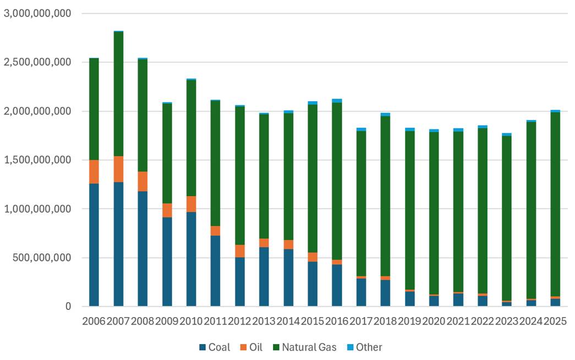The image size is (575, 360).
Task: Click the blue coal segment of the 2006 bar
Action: pyautogui.click(x=94, y=245)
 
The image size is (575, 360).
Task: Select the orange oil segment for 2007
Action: pyautogui.click(x=118, y=169)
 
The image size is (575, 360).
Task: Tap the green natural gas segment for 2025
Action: pyautogui.click(x=555, y=204)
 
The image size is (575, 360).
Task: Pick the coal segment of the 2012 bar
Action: pyautogui.click(x=240, y=282)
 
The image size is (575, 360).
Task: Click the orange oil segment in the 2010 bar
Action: pyautogui.click(x=191, y=204)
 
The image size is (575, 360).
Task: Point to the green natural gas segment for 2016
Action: pyautogui.click(x=337, y=181)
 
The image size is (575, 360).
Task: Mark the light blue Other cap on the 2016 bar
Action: pyautogui.click(x=337, y=101)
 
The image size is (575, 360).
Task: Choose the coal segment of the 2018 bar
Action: pyautogui.click(x=385, y=293)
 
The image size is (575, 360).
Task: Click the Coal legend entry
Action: pyautogui.click(x=215, y=347)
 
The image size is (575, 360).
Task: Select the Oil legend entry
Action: pyautogui.click(x=251, y=347)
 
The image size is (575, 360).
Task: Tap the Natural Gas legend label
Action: pyautogui.click(x=309, y=347)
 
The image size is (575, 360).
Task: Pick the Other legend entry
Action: pyautogui.click(x=364, y=347)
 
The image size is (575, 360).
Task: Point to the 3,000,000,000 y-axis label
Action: pyautogui.click(x=37, y=14)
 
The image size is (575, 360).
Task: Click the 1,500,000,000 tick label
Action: pyautogui.click(x=37, y=160)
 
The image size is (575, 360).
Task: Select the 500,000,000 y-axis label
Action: pyautogui.click(x=42, y=258)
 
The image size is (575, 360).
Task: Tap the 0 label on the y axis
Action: pyautogui.click(x=68, y=307)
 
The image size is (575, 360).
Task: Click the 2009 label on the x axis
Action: pyautogui.click(x=167, y=321)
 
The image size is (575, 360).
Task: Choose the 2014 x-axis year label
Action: pyautogui.click(x=288, y=321)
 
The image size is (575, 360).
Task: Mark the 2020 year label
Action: pyautogui.click(x=434, y=321)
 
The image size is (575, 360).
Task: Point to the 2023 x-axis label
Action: pyautogui.click(x=506, y=321)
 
